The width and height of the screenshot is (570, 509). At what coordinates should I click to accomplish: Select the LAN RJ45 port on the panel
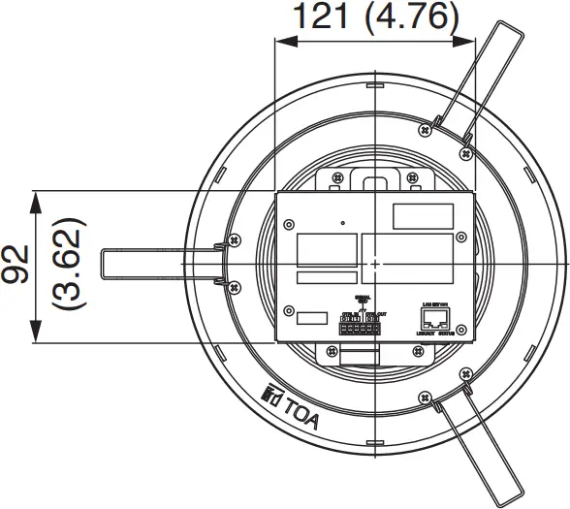(433, 316)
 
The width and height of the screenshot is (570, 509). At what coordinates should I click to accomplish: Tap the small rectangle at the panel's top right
(422, 213)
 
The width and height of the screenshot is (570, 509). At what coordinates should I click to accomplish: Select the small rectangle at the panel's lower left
(310, 317)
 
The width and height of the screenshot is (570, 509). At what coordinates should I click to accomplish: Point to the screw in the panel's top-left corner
(288, 224)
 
